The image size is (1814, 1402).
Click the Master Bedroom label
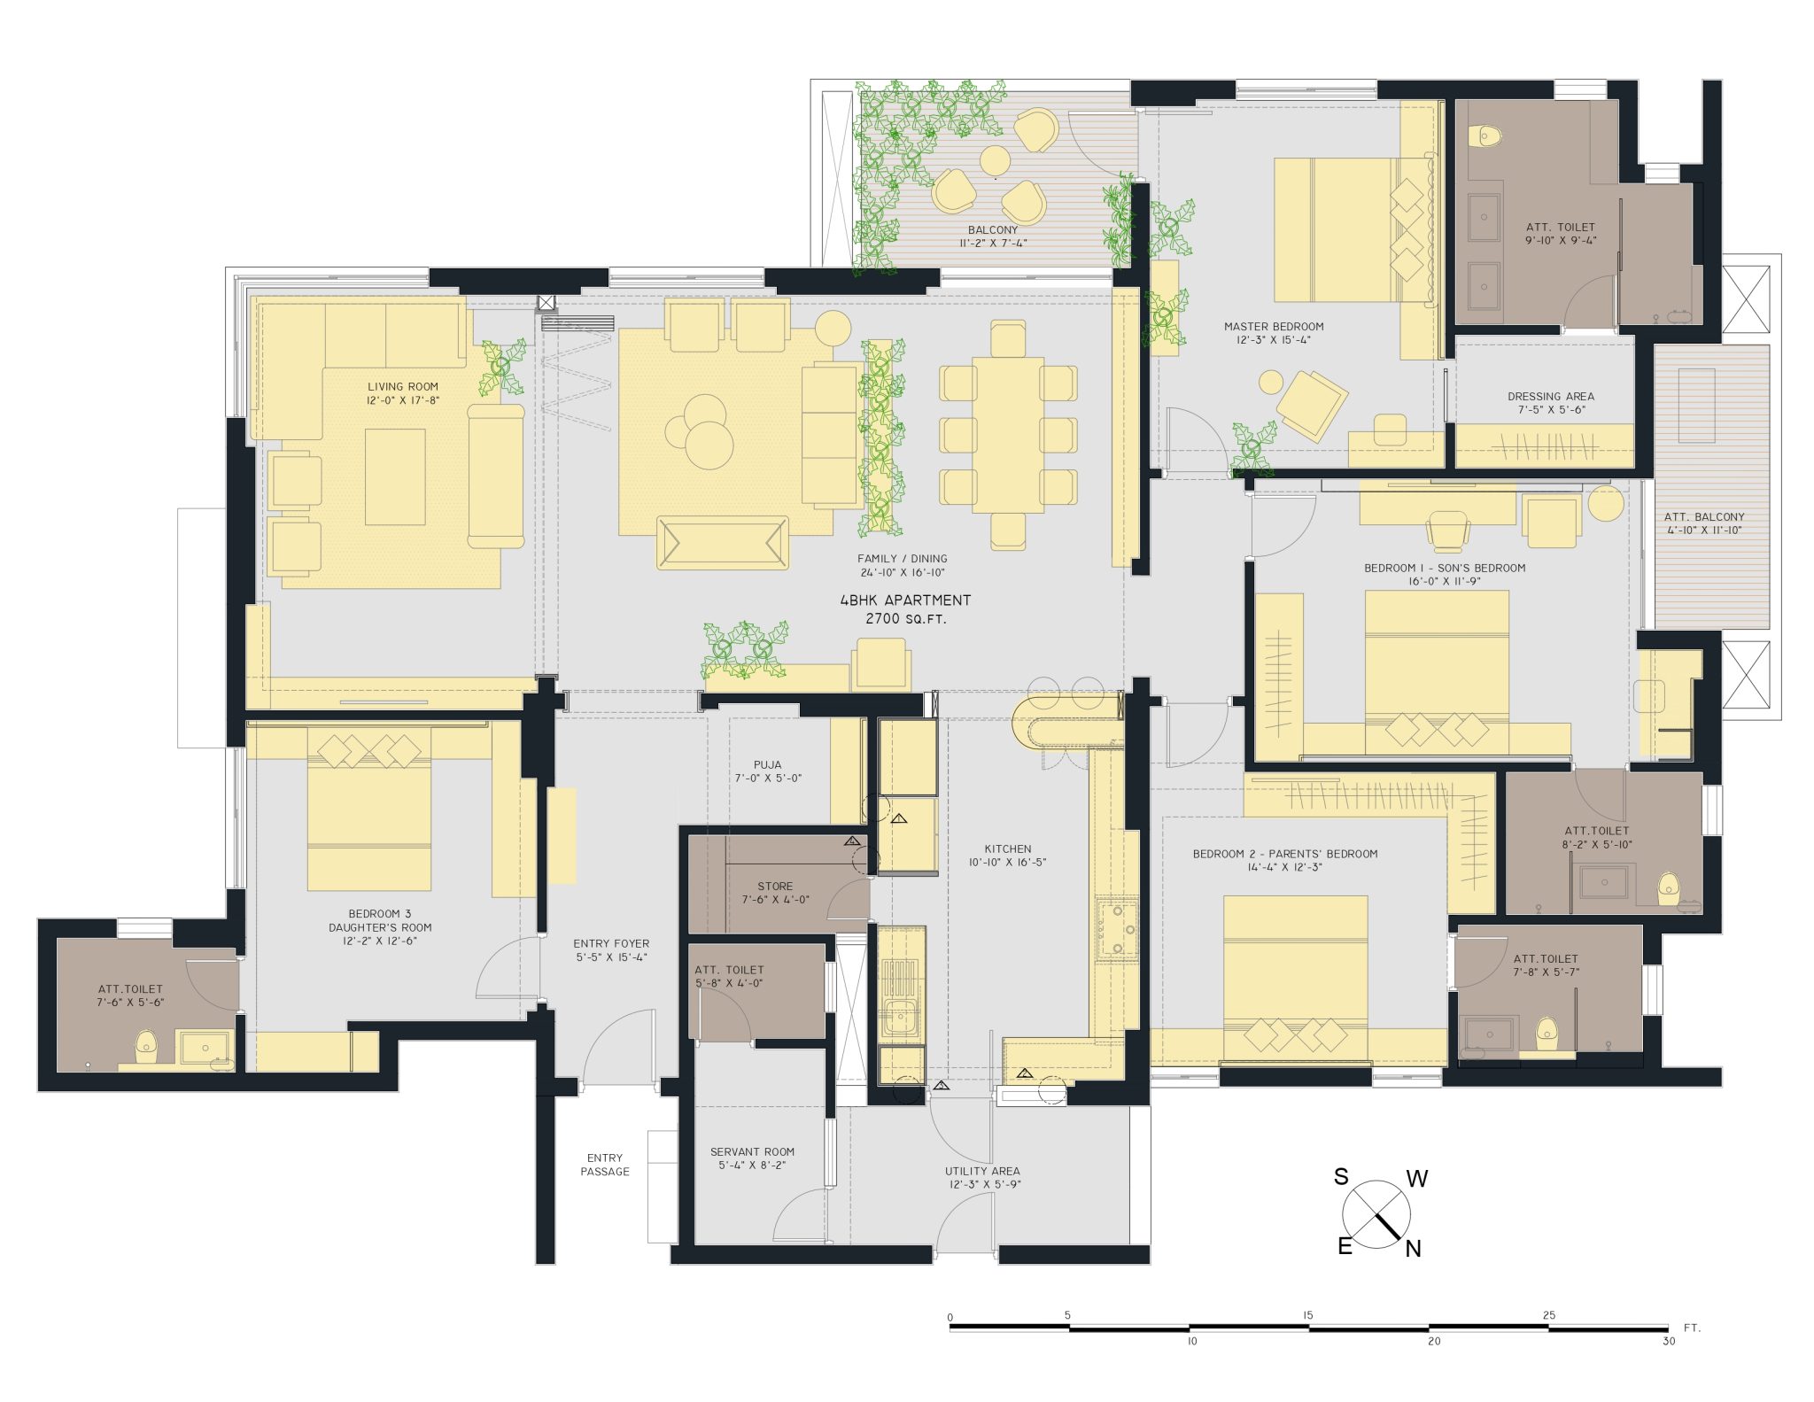(x=1274, y=327)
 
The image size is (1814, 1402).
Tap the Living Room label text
(x=403, y=387)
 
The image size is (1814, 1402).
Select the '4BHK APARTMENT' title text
(x=905, y=600)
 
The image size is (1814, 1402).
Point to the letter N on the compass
(x=1413, y=1249)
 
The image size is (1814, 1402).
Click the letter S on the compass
(x=1341, y=1177)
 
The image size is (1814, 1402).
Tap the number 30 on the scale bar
(x=1669, y=1342)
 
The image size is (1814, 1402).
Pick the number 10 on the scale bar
(x=1192, y=1342)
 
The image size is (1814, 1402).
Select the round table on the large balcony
(x=995, y=161)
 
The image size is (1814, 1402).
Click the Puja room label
(x=767, y=765)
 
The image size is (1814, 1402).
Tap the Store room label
(x=775, y=887)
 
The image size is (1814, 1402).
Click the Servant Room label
(x=752, y=1152)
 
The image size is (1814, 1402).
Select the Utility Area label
(x=982, y=1171)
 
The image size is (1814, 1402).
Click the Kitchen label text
(x=1008, y=848)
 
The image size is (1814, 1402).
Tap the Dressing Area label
(x=1551, y=397)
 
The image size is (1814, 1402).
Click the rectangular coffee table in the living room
(x=395, y=476)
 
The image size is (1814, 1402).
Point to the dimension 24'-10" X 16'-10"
(x=903, y=573)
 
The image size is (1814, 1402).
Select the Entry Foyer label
(x=611, y=944)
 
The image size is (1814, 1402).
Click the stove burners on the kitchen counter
(x=1116, y=928)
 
